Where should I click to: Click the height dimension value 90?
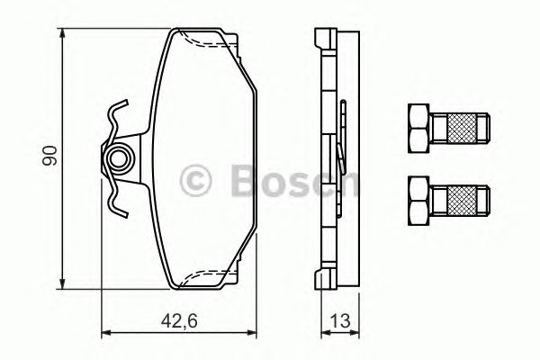51,155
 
